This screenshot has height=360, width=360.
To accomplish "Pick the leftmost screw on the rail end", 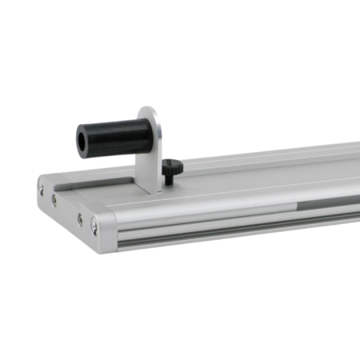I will (40, 188).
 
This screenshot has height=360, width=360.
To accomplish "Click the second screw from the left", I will (54, 200).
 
